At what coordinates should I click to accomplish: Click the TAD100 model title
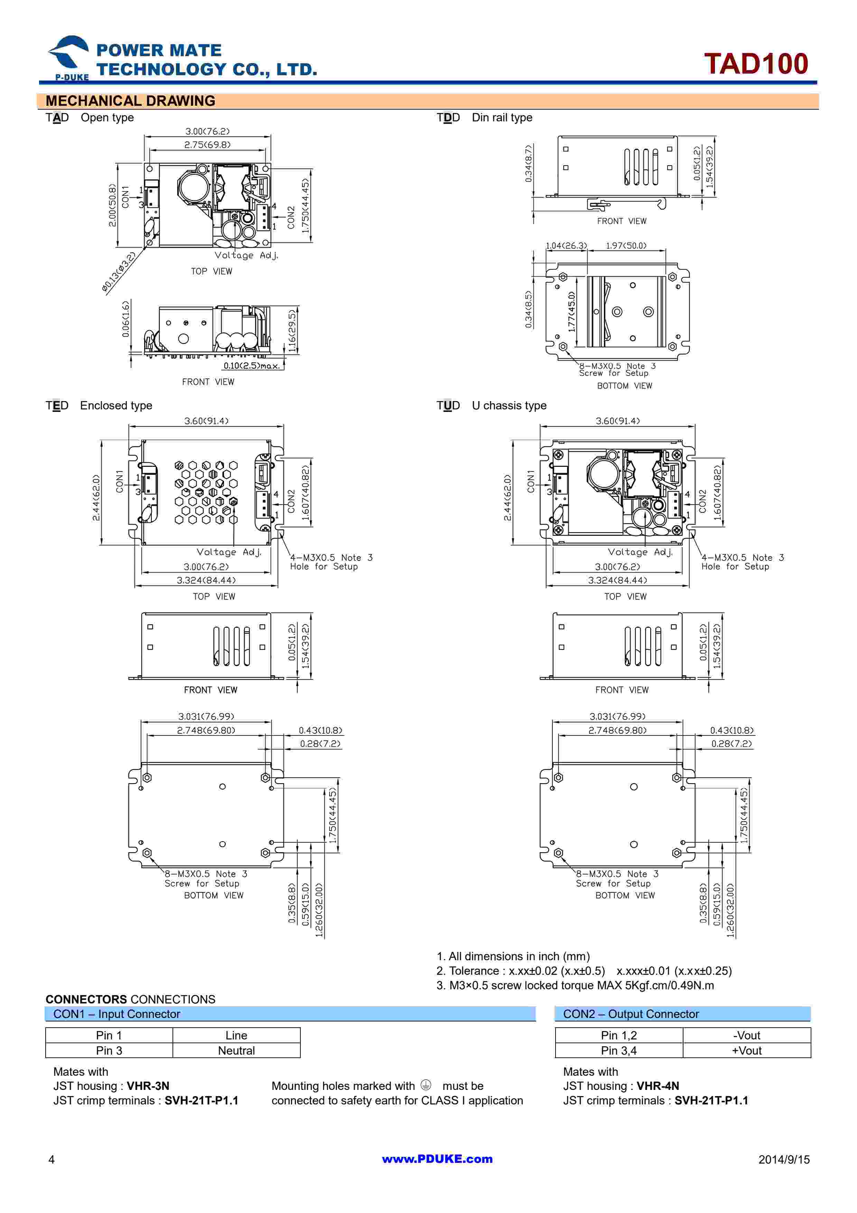coord(756,64)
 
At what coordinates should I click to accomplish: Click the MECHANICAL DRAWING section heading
coord(130,101)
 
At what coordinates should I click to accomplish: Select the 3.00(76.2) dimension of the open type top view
coord(207,131)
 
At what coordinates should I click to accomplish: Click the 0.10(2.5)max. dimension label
coord(251,365)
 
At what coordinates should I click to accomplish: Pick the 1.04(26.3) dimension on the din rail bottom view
coord(566,246)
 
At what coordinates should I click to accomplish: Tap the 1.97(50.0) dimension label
coord(626,246)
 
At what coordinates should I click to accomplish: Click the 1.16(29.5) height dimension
coord(292,331)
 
